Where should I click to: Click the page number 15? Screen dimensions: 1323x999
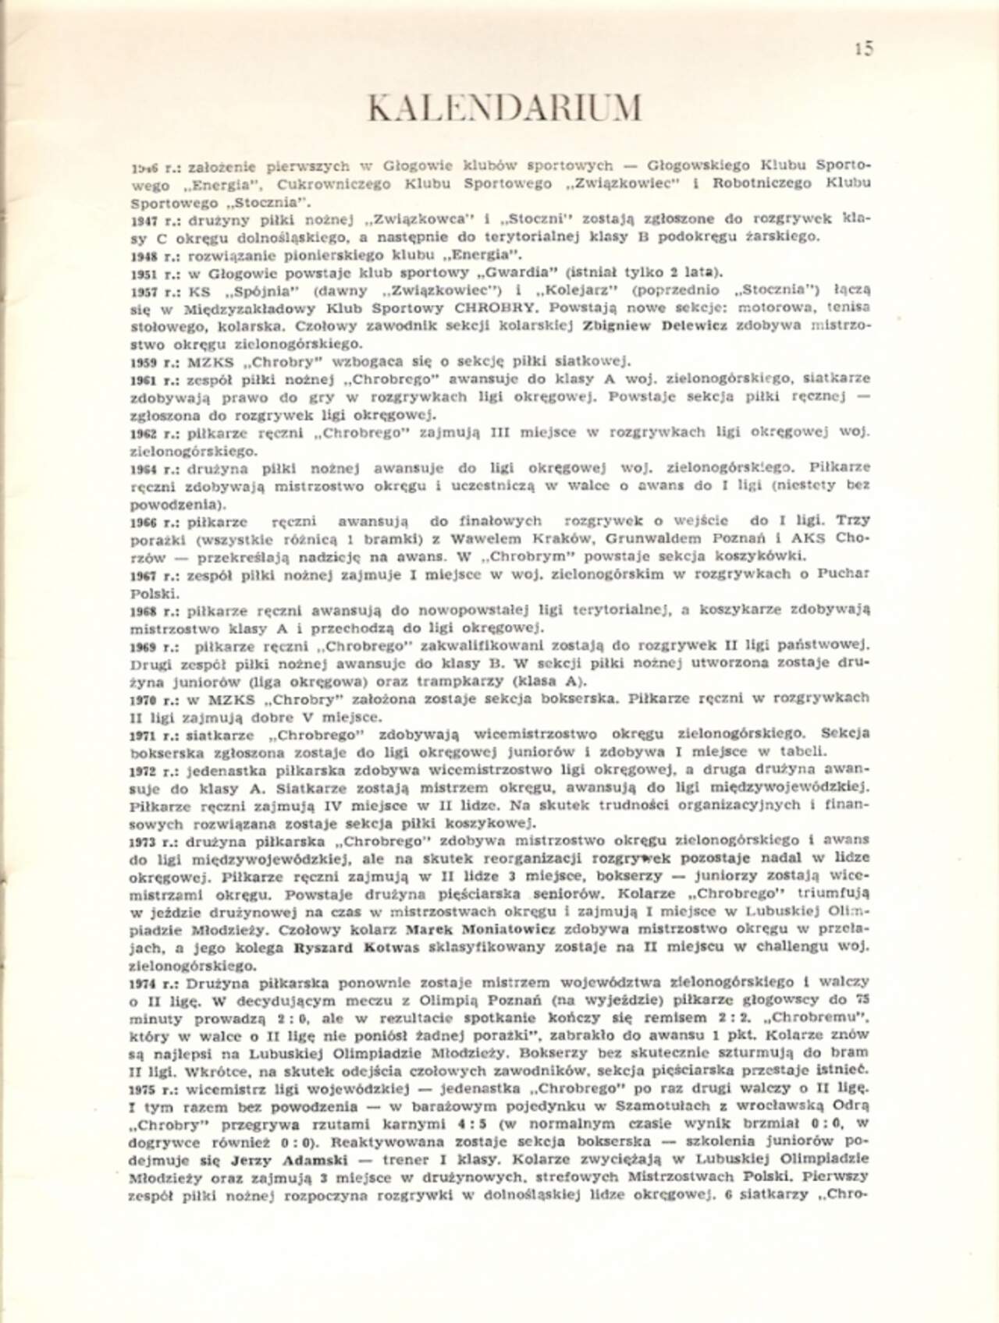tap(863, 48)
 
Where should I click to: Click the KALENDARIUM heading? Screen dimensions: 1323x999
tap(505, 109)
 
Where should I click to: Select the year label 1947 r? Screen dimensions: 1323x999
tap(152, 219)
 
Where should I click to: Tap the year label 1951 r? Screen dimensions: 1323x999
tap(152, 272)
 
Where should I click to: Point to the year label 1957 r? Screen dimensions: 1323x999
tap(152, 289)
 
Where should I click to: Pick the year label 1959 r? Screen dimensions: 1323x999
tap(152, 361)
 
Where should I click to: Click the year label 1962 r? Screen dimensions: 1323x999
tap(152, 432)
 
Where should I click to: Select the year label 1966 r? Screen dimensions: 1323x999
tap(152, 521)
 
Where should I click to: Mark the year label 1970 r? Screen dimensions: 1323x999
tap(152, 699)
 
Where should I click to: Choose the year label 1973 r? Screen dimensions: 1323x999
tap(152, 841)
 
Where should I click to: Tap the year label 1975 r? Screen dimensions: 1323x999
tap(152, 1087)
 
